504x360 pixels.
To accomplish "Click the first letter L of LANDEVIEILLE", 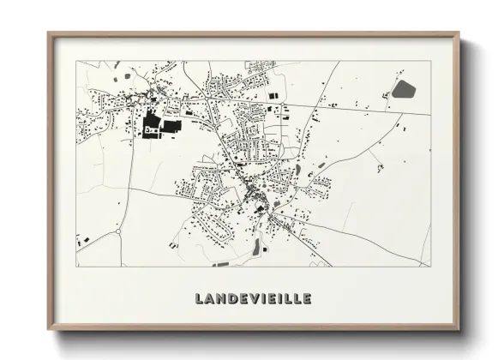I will click(201, 299).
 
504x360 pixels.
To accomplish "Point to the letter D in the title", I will click(231, 299).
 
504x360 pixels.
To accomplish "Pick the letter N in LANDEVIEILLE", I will click(221, 299).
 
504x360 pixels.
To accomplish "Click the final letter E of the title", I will click(306, 299).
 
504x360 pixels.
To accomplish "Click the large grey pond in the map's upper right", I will click(402, 89).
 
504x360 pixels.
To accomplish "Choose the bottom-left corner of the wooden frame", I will click(49, 329).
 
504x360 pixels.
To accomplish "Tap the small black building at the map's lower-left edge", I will click(79, 241).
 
